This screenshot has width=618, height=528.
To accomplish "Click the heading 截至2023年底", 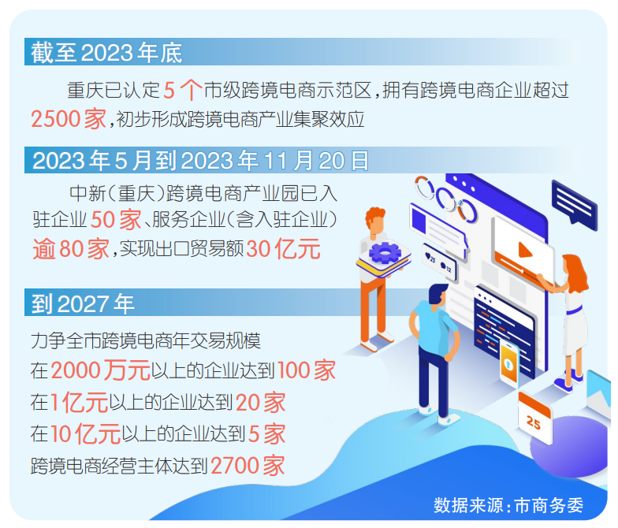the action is [x=106, y=52].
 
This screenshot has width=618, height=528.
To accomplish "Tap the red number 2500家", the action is [x=69, y=118].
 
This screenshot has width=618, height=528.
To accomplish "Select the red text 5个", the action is [x=183, y=90].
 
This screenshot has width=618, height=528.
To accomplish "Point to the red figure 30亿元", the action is [x=283, y=249].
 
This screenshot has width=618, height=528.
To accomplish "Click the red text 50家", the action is [x=116, y=219].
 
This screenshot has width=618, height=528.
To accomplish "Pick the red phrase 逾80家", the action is [x=71, y=249].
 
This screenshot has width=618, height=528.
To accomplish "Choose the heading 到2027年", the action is [x=83, y=303].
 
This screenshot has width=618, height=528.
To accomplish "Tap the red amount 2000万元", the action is [x=101, y=370].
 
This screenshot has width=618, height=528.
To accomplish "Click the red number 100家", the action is [x=307, y=370].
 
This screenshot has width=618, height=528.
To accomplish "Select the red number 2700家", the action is [x=248, y=466].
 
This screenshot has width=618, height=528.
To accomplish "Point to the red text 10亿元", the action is [x=85, y=433].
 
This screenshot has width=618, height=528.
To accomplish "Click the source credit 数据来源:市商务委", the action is [x=508, y=505].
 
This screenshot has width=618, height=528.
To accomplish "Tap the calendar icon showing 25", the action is [x=534, y=418].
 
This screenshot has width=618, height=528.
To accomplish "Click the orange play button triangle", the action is [x=525, y=250].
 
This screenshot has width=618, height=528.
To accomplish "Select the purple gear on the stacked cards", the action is [x=385, y=252].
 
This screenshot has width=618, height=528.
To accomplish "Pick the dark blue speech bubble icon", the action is [x=574, y=204].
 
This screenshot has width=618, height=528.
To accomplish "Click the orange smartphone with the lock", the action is [x=509, y=362].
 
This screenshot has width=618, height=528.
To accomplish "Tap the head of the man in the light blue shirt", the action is [x=438, y=295].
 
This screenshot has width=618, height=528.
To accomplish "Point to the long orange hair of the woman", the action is [x=576, y=273].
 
